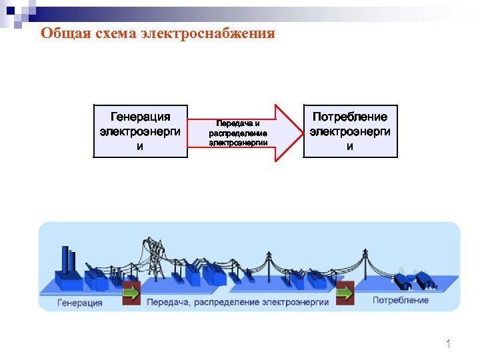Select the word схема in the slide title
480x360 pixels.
115,33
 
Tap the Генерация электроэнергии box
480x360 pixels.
140,131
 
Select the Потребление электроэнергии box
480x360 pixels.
350,131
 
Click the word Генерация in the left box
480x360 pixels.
140,117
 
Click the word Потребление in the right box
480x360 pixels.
350,117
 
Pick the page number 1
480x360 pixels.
448,344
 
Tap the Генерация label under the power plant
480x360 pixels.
80,303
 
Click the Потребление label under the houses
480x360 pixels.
400,301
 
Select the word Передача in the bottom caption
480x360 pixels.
169,302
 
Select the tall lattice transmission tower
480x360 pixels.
155,253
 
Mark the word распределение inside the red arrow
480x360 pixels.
238,133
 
